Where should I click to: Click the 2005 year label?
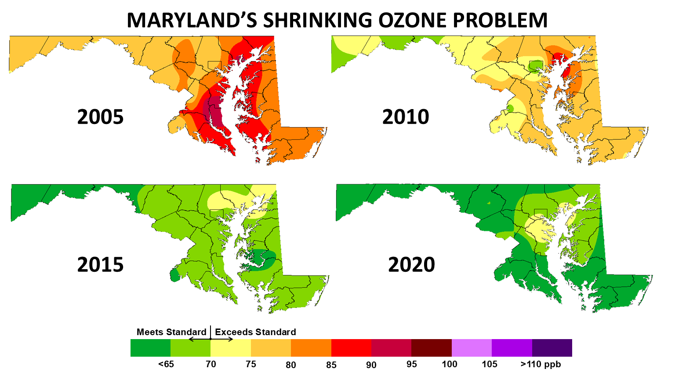click(x=100, y=117)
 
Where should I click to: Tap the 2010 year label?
click(x=405, y=117)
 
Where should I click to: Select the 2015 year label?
click(x=100, y=265)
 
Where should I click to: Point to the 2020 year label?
click(x=411, y=265)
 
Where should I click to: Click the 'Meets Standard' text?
click(x=171, y=332)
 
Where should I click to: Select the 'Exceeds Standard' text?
click(x=255, y=332)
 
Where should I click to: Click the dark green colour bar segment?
click(x=150, y=347)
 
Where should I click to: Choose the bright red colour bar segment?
click(x=351, y=347)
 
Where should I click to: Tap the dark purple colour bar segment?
click(x=552, y=347)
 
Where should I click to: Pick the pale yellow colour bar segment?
click(x=231, y=347)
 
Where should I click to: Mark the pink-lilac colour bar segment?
click(x=472, y=347)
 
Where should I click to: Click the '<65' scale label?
click(x=166, y=364)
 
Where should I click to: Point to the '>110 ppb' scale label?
click(x=541, y=364)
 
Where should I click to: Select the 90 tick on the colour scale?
click(x=371, y=365)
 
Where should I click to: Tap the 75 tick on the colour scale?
click(x=251, y=364)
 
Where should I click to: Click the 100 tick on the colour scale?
click(x=450, y=364)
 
